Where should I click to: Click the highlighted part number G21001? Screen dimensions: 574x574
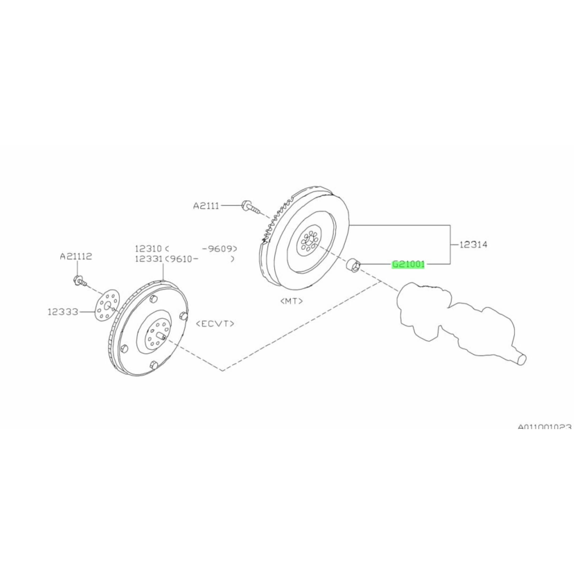408,264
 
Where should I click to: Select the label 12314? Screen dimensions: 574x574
474,245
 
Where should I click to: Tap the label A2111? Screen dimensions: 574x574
206,206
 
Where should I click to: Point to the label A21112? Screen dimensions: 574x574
76,256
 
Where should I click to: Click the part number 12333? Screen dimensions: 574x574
63,312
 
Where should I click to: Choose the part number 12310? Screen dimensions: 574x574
148,249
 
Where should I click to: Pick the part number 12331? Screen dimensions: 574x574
148,259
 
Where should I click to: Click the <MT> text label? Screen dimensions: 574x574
292,301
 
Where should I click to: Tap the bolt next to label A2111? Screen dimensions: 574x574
250,207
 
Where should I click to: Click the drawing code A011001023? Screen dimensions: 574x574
544,436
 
